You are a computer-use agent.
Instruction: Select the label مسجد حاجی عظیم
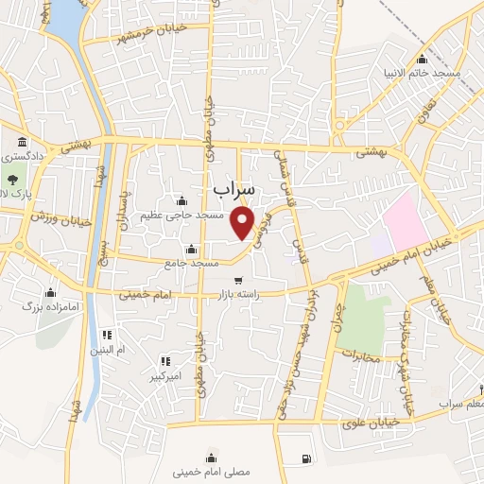[183, 216]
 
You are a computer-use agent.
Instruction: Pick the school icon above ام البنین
[106, 335]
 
